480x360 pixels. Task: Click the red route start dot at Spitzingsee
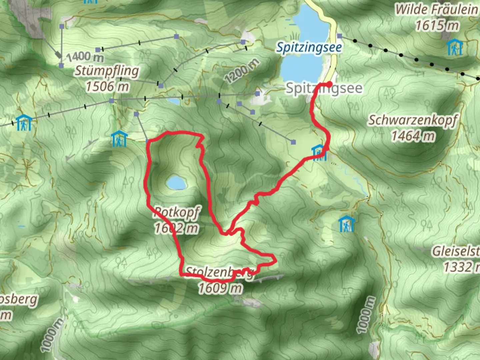(329, 84)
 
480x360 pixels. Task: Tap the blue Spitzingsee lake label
(309, 48)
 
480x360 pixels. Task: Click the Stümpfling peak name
(107, 71)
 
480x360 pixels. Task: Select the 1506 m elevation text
(107, 87)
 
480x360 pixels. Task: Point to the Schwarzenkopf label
(413, 120)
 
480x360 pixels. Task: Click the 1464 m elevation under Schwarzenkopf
(413, 136)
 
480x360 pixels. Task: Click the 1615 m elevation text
(437, 25)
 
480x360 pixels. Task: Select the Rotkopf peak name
(177, 212)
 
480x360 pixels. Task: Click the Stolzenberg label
(219, 272)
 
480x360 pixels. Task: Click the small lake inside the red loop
(176, 183)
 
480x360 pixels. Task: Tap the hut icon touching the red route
(319, 152)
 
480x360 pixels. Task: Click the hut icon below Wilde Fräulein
(455, 47)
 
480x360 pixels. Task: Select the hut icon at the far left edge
(24, 123)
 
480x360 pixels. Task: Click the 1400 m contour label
(85, 57)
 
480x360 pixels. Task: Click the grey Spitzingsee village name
(324, 89)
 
